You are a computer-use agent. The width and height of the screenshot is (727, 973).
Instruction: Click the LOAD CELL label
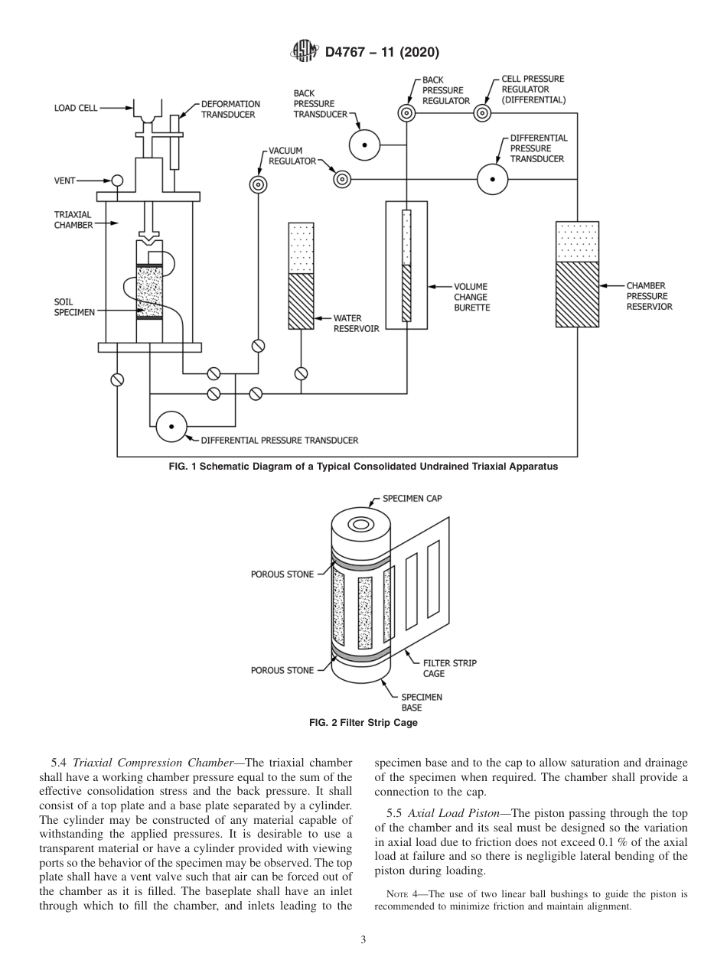(75, 109)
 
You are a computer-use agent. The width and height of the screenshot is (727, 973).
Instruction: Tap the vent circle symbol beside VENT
(117, 181)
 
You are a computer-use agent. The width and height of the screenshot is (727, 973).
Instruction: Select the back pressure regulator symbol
(406, 114)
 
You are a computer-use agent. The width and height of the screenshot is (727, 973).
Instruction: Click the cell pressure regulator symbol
(482, 114)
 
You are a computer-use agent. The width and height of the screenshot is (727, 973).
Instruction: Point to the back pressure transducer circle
(365, 145)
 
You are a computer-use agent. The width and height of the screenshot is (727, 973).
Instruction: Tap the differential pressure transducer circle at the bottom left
(171, 426)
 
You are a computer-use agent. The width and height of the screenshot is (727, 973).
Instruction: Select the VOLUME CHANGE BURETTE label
(471, 297)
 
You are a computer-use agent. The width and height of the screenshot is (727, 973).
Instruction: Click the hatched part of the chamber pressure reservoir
(577, 295)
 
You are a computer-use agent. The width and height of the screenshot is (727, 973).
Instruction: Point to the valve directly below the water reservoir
(302, 373)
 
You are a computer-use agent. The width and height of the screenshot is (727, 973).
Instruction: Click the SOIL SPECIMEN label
(74, 307)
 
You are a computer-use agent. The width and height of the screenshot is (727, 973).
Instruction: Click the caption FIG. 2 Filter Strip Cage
(363, 723)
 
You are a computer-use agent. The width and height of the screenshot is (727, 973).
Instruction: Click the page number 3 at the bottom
(363, 940)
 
